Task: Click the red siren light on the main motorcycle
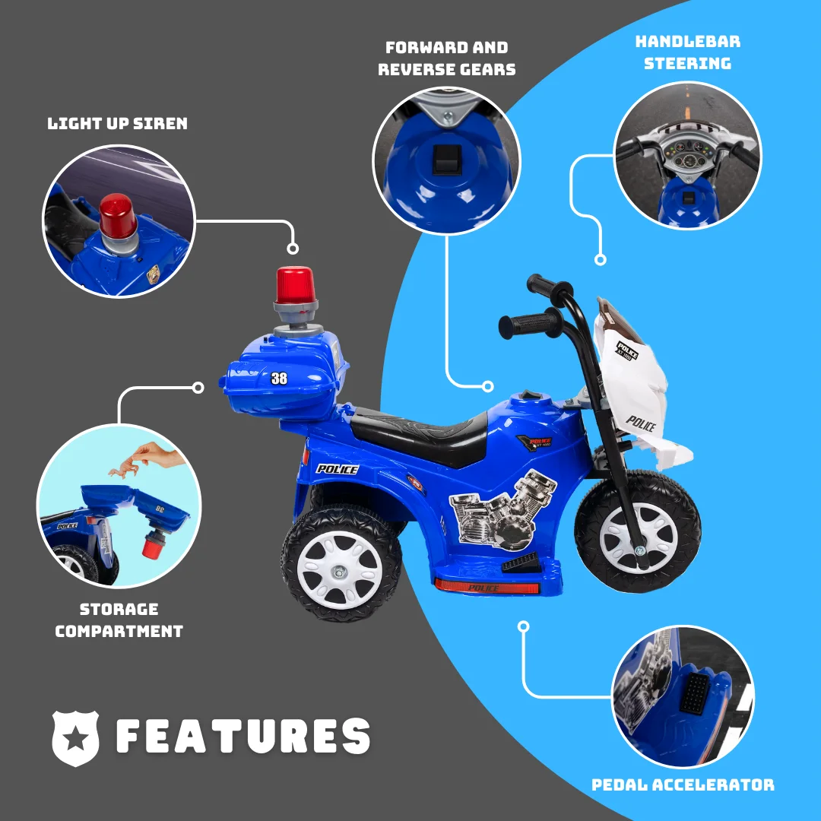[x=295, y=287]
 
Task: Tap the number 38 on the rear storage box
[x=279, y=378]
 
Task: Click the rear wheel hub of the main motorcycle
[x=340, y=570]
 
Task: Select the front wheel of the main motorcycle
[x=638, y=532]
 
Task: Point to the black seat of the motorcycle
[x=420, y=434]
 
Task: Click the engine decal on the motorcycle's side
[x=502, y=510]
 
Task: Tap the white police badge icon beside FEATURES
[x=75, y=738]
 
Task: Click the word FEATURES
[x=243, y=736]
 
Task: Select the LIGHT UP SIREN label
[x=117, y=124]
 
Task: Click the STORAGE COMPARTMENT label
[x=119, y=620]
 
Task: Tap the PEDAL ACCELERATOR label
[x=683, y=785]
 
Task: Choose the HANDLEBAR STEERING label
[x=687, y=52]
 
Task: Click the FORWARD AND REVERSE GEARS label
[x=447, y=58]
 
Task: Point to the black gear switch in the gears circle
[x=447, y=159]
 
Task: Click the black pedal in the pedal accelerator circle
[x=694, y=693]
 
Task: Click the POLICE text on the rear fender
[x=338, y=469]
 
